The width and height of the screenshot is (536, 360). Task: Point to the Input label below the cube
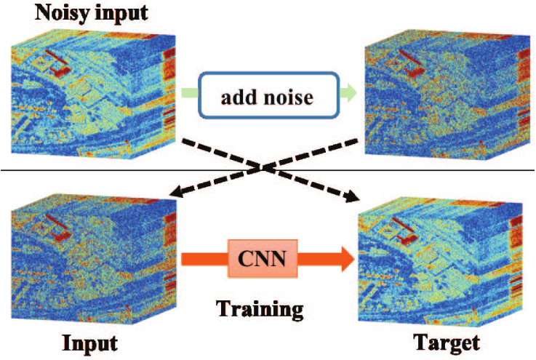tap(89, 342)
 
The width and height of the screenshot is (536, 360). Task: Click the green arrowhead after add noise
tap(350, 92)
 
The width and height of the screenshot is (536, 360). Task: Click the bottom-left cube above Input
tap(91, 262)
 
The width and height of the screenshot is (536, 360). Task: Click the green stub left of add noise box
tap(188, 92)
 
